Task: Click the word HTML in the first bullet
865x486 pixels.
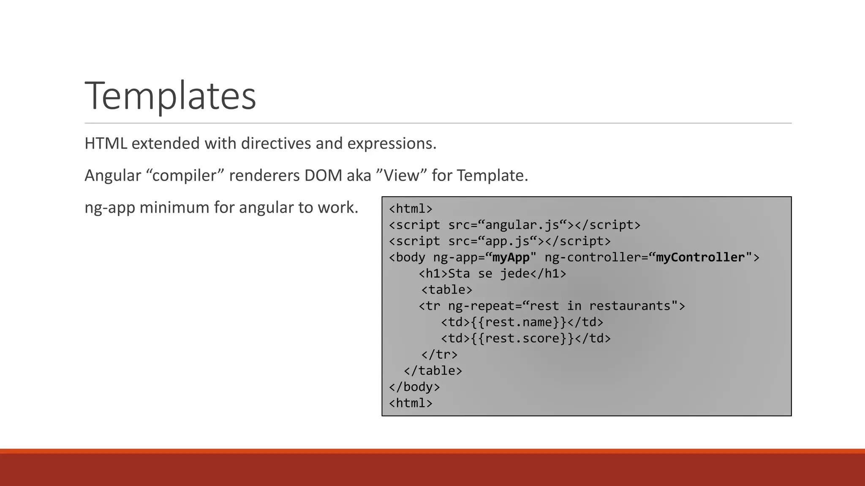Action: coord(106,143)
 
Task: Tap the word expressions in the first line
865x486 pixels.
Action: coord(391,143)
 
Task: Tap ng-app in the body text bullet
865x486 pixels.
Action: coord(109,208)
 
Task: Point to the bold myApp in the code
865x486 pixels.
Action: coord(511,257)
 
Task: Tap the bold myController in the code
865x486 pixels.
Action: coord(700,257)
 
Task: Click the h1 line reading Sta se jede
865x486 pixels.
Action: coord(492,274)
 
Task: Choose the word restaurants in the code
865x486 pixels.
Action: coord(630,306)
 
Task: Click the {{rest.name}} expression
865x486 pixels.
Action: coord(518,322)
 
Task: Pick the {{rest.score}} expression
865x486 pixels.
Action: coord(522,338)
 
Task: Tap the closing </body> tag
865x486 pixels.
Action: coord(414,387)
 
